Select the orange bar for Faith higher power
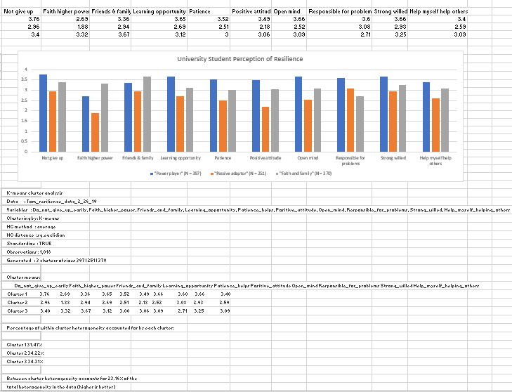click(95, 133)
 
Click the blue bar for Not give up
click(43, 113)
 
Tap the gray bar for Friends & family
click(147, 115)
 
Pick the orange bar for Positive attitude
click(265, 129)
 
